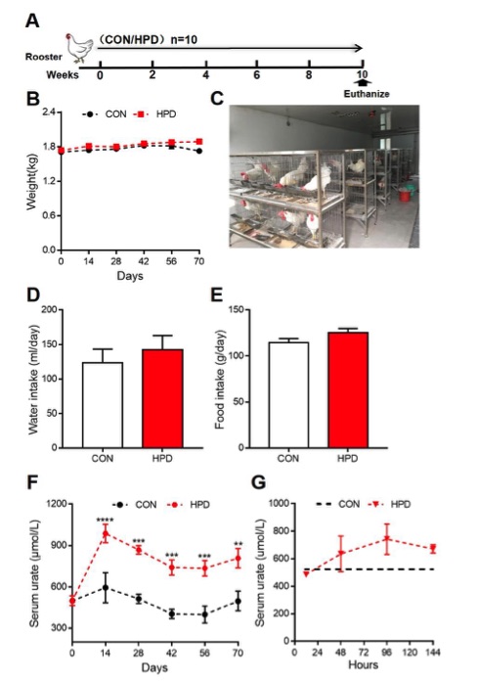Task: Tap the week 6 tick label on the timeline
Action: [x=257, y=75]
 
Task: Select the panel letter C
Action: [x=217, y=100]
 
